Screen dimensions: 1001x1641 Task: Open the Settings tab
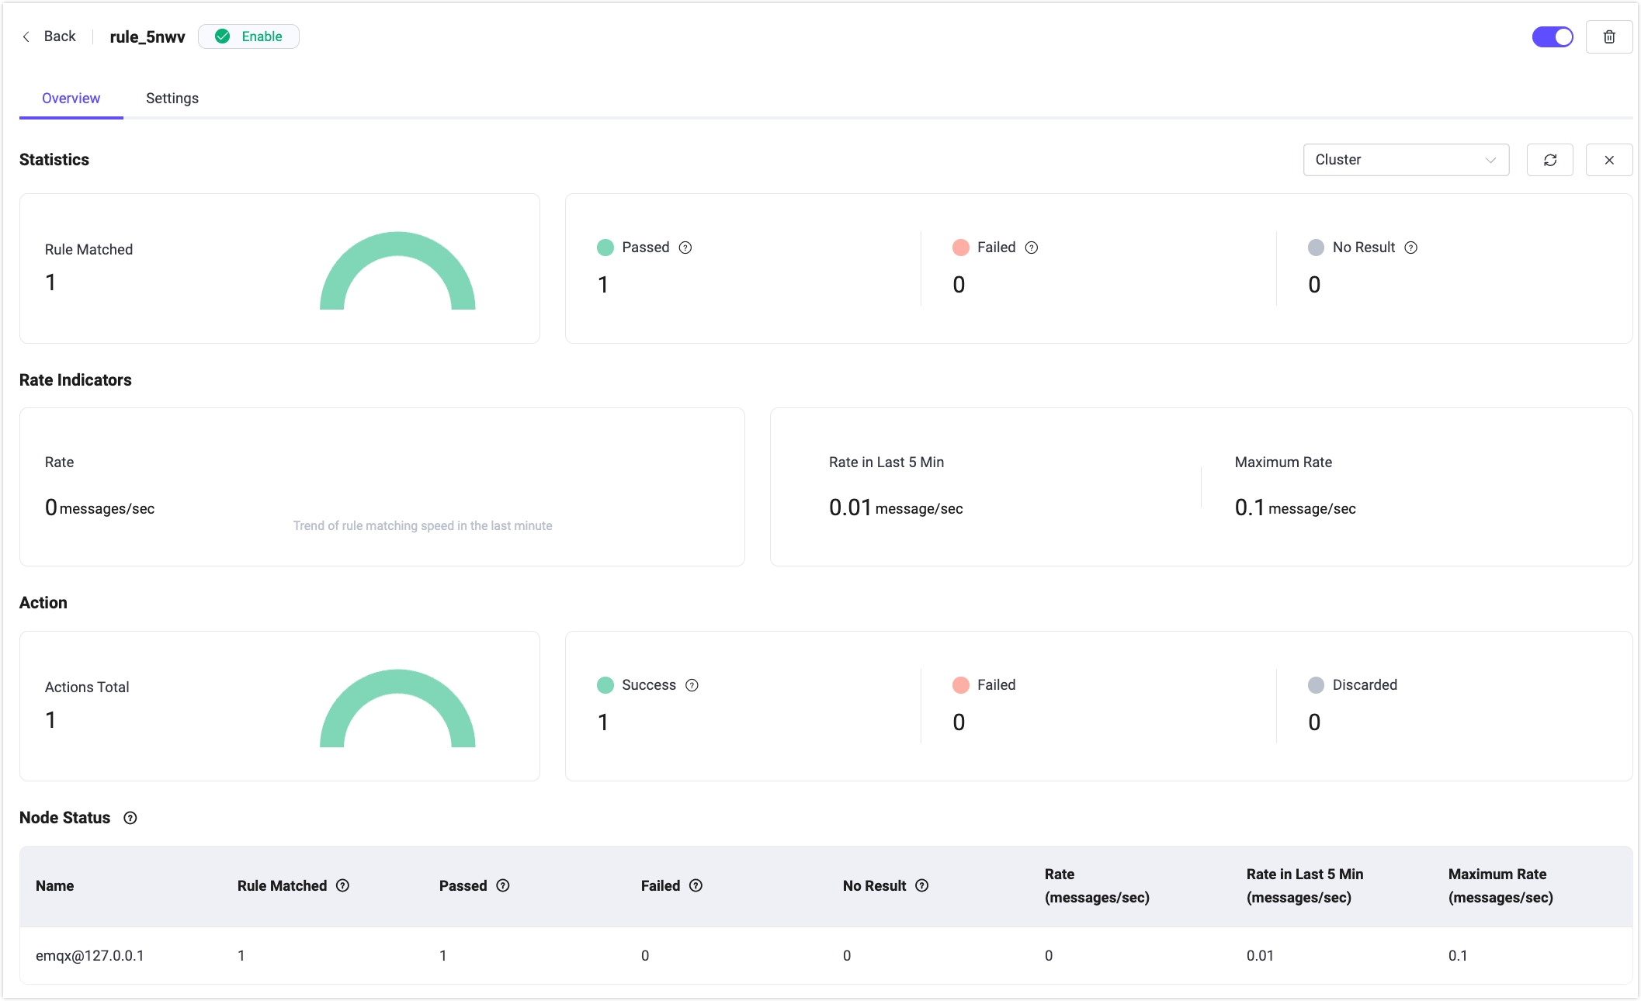[172, 99]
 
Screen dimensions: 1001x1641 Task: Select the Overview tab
[71, 99]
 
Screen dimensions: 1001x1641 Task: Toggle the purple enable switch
[1553, 36]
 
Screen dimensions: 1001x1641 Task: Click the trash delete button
[1609, 36]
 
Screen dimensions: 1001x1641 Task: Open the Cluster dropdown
[1406, 160]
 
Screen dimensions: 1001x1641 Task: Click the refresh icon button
[1550, 160]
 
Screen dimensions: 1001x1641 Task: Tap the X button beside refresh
[1609, 160]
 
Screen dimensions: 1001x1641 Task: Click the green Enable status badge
[248, 36]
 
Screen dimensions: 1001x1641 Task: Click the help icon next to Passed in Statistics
[685, 248]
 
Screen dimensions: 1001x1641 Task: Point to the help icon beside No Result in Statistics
[1411, 248]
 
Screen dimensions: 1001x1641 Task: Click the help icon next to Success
[692, 685]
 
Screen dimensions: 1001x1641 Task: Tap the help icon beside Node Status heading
[130, 818]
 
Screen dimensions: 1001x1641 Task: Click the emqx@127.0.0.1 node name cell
[90, 956]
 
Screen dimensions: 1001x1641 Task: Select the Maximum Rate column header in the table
[1500, 885]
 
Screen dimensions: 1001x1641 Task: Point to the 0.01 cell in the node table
[1260, 956]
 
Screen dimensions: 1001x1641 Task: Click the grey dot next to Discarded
[1316, 685]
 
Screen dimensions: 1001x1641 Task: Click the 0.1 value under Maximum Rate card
[1249, 507]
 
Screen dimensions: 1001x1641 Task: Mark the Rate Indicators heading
[75, 380]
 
